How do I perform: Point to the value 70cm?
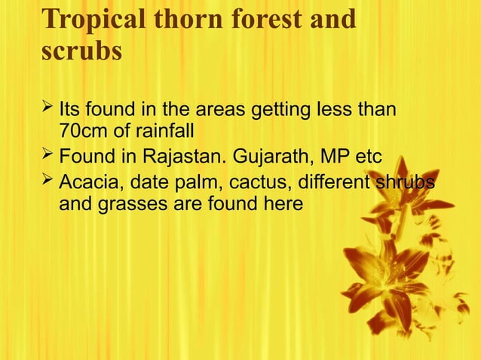(83, 132)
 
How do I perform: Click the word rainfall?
(165, 132)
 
